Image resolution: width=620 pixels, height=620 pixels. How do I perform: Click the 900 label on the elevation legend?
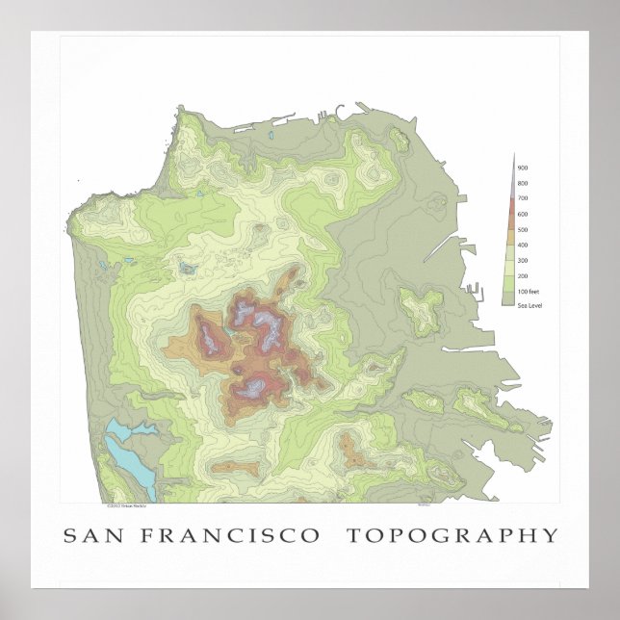[523, 168]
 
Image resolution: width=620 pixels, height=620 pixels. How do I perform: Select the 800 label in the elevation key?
[523, 183]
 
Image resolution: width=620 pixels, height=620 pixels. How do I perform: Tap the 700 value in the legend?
[523, 198]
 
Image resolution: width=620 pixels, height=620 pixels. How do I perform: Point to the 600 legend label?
[523, 214]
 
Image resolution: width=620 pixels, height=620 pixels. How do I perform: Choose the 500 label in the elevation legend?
[523, 229]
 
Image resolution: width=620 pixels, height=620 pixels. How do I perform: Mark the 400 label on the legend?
[523, 245]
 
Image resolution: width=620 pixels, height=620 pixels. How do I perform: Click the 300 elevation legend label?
[523, 260]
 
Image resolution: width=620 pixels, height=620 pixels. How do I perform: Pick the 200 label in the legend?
[523, 275]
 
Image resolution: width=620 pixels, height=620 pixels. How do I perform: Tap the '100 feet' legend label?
[527, 291]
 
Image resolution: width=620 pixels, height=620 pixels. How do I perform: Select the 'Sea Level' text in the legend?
[527, 305]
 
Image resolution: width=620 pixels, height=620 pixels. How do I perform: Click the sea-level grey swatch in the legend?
[509, 302]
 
